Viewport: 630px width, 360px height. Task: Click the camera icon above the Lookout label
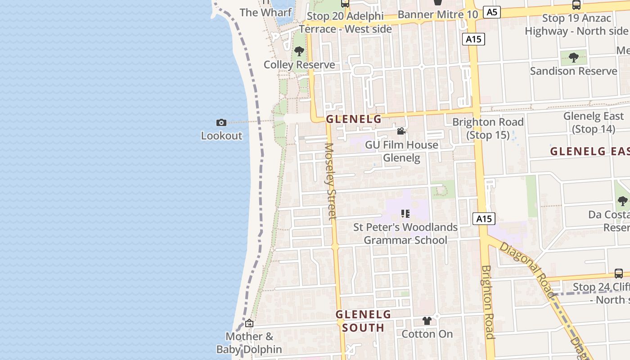pyautogui.click(x=221, y=122)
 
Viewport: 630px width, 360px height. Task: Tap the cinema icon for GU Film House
pyautogui.click(x=401, y=131)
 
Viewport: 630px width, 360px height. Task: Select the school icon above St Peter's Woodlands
pyautogui.click(x=405, y=213)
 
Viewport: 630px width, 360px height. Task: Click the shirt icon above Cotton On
pyautogui.click(x=427, y=321)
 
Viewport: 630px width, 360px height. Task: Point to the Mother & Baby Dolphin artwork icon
pyautogui.click(x=249, y=323)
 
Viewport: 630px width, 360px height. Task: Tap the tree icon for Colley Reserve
pyautogui.click(x=299, y=51)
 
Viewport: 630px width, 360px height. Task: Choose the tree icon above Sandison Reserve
pyautogui.click(x=573, y=57)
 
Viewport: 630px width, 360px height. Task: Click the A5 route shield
pyautogui.click(x=492, y=12)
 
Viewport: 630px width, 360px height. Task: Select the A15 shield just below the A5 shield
pyautogui.click(x=473, y=39)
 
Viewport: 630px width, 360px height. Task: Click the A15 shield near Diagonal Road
pyautogui.click(x=484, y=219)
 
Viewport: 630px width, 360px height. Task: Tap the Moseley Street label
pyautogui.click(x=331, y=181)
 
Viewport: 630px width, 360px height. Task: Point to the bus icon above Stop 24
pyautogui.click(x=619, y=273)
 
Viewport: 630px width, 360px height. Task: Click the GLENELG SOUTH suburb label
pyautogui.click(x=364, y=321)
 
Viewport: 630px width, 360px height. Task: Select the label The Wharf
pyautogui.click(x=266, y=12)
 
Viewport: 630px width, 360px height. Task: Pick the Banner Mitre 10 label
pyautogui.click(x=438, y=14)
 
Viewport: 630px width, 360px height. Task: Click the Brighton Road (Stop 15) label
pyautogui.click(x=488, y=128)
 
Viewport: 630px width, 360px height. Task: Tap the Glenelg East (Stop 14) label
pyautogui.click(x=594, y=122)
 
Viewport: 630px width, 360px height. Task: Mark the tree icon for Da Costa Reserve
pyautogui.click(x=623, y=201)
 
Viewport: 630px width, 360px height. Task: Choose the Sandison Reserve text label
pyautogui.click(x=573, y=71)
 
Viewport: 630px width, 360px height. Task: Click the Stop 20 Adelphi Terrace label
pyautogui.click(x=346, y=22)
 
